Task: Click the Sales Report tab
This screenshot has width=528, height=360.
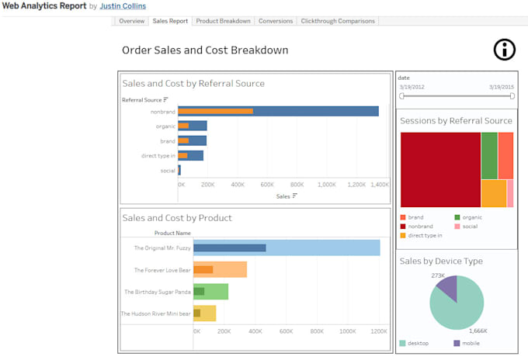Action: pos(169,21)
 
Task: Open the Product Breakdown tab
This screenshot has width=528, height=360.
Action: pos(223,21)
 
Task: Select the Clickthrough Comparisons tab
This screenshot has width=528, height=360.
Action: pos(337,21)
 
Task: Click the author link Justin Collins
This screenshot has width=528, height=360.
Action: pos(123,6)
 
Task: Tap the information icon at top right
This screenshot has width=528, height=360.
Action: pos(505,50)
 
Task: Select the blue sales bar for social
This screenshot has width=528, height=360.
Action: pos(179,170)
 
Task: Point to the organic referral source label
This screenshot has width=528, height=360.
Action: pos(165,126)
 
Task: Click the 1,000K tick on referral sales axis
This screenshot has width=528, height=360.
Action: pos(327,185)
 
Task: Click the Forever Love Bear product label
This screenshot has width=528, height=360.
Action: pos(162,270)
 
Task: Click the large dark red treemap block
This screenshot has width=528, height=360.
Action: pos(439,168)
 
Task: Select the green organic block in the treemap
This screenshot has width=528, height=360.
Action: pos(489,155)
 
